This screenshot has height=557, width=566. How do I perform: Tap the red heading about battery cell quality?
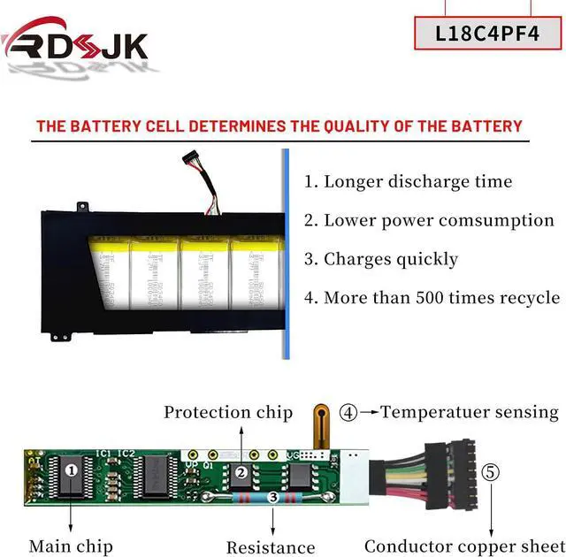click(279, 126)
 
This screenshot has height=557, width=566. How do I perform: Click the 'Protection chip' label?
click(227, 412)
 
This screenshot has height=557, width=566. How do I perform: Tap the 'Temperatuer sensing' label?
click(470, 411)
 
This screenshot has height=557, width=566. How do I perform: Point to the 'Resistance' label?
click(271, 547)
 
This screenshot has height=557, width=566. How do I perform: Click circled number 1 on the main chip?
click(72, 470)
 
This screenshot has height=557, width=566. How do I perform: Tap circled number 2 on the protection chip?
click(241, 472)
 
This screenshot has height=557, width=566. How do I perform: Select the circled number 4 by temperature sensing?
click(349, 412)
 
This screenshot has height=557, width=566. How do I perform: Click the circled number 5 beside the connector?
click(491, 471)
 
